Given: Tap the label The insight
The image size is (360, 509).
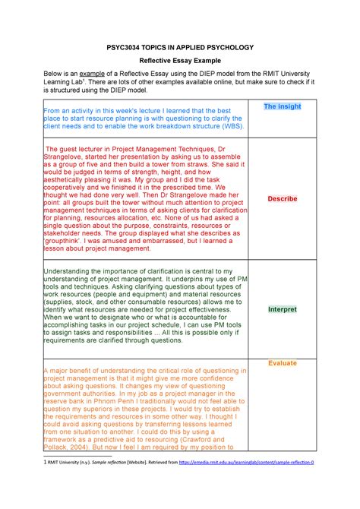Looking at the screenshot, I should coord(282,107).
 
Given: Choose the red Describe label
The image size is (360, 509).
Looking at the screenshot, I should coord(282,199).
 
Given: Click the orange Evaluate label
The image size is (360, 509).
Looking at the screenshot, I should coord(282,363).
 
